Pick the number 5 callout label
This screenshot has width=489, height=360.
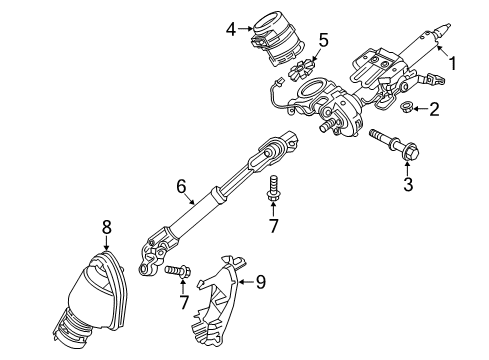[x=322, y=40]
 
